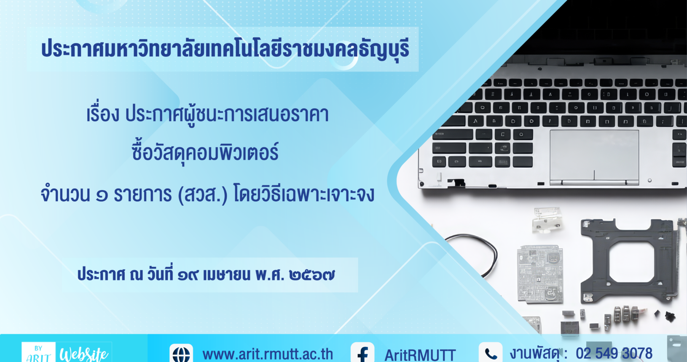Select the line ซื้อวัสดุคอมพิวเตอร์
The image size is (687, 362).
point(205,153)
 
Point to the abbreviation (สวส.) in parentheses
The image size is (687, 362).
point(203,194)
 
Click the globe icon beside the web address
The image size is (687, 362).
point(181,354)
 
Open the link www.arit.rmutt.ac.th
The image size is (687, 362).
point(268,354)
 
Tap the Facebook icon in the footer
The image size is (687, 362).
point(362,353)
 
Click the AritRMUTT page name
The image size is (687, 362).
point(420,355)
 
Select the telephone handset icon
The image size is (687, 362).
point(491,353)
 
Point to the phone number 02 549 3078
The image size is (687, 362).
point(614,354)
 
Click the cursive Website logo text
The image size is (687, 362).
point(83,354)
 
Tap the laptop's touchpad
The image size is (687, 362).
point(594,157)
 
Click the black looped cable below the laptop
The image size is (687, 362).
point(472,255)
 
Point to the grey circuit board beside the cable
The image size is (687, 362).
point(540,274)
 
